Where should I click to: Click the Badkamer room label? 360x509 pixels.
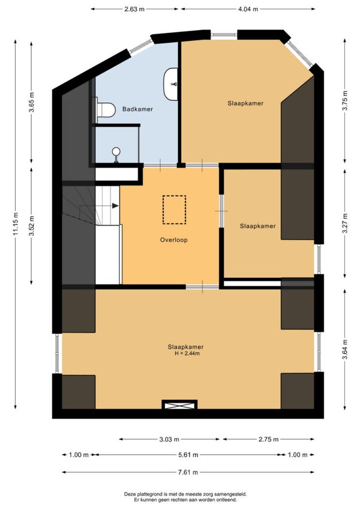tap(137, 109)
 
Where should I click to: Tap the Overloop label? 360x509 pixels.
tap(173, 240)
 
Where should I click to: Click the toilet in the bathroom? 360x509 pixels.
tap(104, 110)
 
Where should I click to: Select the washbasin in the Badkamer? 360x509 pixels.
tap(171, 84)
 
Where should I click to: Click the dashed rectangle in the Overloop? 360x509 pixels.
tap(175, 209)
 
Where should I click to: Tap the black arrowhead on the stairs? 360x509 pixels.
tap(115, 205)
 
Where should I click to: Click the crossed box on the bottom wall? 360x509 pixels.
tap(179, 405)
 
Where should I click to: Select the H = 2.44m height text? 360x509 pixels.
tap(187, 354)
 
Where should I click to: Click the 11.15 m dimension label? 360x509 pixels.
tap(15, 224)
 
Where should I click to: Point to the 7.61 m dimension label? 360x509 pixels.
tap(188, 472)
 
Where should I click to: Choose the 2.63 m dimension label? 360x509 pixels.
tap(134, 9)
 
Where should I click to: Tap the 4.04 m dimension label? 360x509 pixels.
tap(248, 9)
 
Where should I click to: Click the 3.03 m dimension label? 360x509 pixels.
tap(169, 439)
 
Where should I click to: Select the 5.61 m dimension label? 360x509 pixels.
tap(188, 455)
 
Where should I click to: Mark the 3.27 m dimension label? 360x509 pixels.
tap(345, 223)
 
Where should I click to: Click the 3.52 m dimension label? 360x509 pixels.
tap(31, 226)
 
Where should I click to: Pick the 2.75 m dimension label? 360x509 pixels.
tap(268, 439)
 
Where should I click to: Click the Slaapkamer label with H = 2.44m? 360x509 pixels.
tap(185, 347)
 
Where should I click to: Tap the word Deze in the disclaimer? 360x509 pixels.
tap(130, 494)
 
